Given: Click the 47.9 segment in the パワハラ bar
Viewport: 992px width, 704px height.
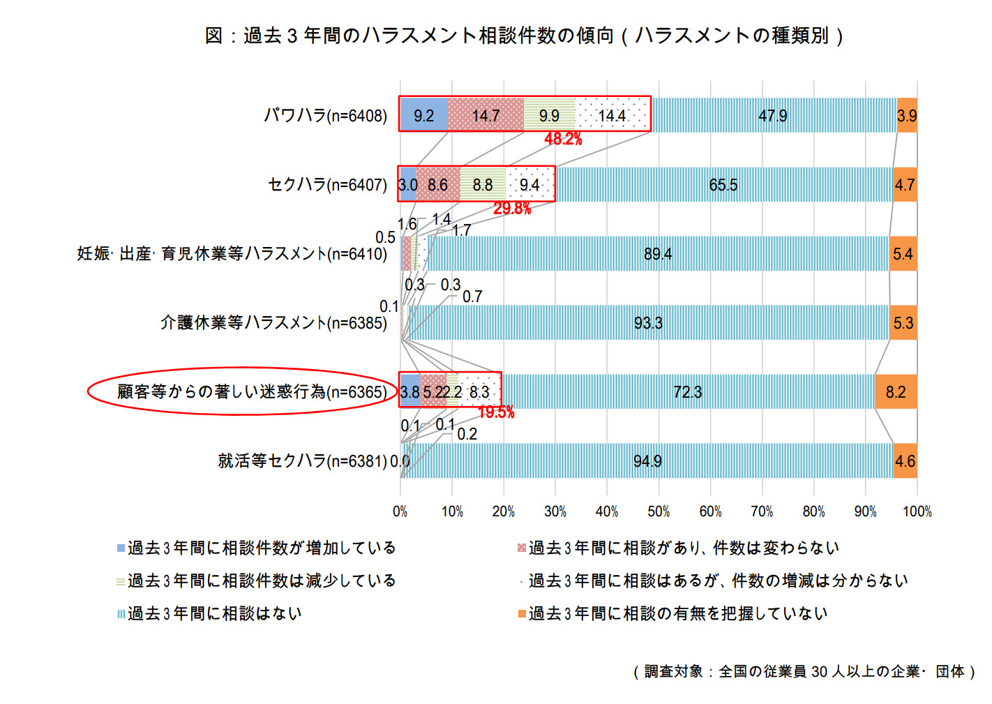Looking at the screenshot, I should [x=772, y=116].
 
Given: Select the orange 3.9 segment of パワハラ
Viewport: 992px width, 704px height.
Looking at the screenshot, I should [x=906, y=116].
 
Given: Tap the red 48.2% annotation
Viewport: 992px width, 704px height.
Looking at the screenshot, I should [x=563, y=139].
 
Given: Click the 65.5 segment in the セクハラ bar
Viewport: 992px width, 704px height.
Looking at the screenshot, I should [x=723, y=185].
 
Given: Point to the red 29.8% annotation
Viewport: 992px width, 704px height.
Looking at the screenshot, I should [x=512, y=208].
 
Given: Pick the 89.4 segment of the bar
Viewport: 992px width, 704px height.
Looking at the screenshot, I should [x=657, y=254].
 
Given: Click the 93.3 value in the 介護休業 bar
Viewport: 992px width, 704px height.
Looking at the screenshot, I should [x=648, y=323].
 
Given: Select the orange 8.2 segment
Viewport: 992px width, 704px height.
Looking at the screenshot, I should [x=896, y=392].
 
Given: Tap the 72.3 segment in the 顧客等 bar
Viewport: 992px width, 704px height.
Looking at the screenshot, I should [x=687, y=392].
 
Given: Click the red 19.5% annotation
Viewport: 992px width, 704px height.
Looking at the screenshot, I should [x=496, y=412].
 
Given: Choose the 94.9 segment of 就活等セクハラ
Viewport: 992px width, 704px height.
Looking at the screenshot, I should [x=647, y=461].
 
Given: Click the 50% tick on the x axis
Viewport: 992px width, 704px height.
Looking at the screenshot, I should [x=659, y=511].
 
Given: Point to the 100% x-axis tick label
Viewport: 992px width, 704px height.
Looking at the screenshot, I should [x=917, y=511].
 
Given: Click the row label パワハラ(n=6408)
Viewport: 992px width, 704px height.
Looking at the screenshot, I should [x=325, y=116].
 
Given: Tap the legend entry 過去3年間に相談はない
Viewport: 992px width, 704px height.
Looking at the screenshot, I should [x=214, y=614].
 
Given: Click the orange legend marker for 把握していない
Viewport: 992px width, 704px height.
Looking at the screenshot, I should [x=521, y=614].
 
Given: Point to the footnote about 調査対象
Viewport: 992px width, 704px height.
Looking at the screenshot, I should [x=804, y=671].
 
